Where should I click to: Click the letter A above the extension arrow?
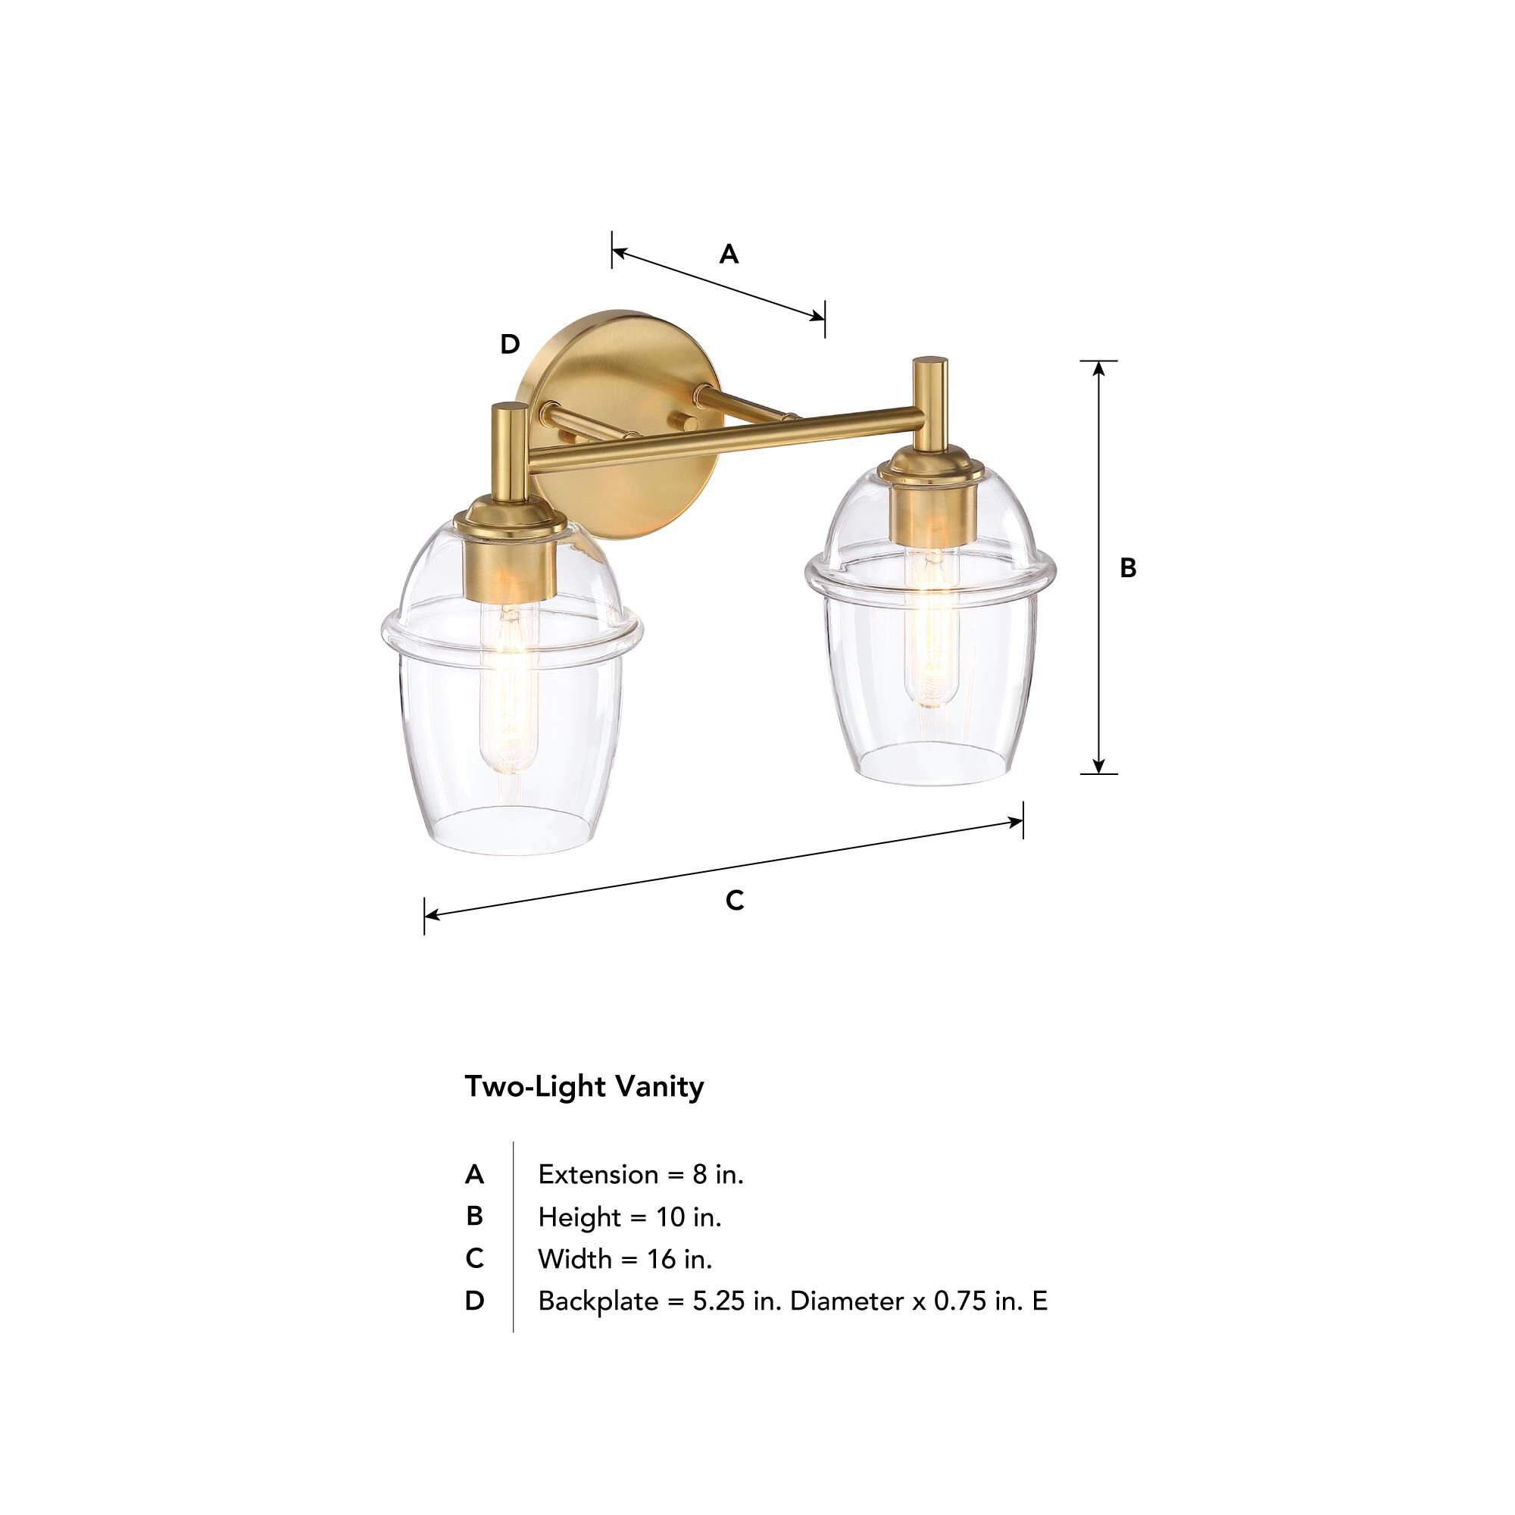(729, 254)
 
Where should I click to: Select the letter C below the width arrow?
(734, 901)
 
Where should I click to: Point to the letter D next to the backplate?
(510, 343)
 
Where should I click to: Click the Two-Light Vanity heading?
(584, 1087)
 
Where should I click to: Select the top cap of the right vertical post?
(930, 362)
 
